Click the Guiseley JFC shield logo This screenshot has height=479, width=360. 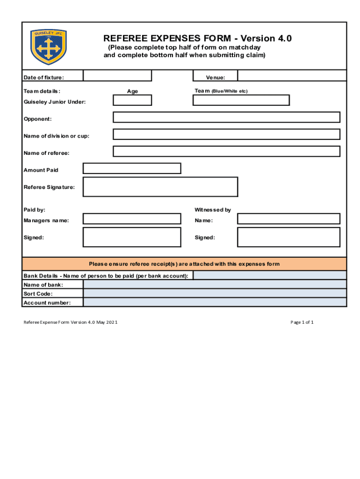tap(49, 47)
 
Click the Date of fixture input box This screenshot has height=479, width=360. tap(117, 76)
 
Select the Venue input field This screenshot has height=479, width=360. tap(292, 76)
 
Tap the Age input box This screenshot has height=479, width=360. tap(132, 100)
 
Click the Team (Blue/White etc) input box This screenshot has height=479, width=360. tap(241, 100)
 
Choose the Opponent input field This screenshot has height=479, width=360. tap(226, 117)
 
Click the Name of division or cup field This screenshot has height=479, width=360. tap(226, 134)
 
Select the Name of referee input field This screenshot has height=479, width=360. tap(226, 152)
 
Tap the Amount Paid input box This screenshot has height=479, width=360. tap(132, 168)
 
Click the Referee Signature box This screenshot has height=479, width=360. tap(160, 187)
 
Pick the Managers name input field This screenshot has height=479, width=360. tap(132, 218)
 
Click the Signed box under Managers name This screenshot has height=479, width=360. tap(132, 237)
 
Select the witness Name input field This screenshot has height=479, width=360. tap(288, 218)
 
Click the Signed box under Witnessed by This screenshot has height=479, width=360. tap(288, 237)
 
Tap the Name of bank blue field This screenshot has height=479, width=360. tap(215, 284)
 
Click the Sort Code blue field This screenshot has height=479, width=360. tap(215, 293)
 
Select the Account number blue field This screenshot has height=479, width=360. tap(215, 302)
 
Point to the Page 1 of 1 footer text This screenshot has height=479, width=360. tap(302, 322)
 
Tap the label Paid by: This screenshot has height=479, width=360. tap(35, 210)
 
